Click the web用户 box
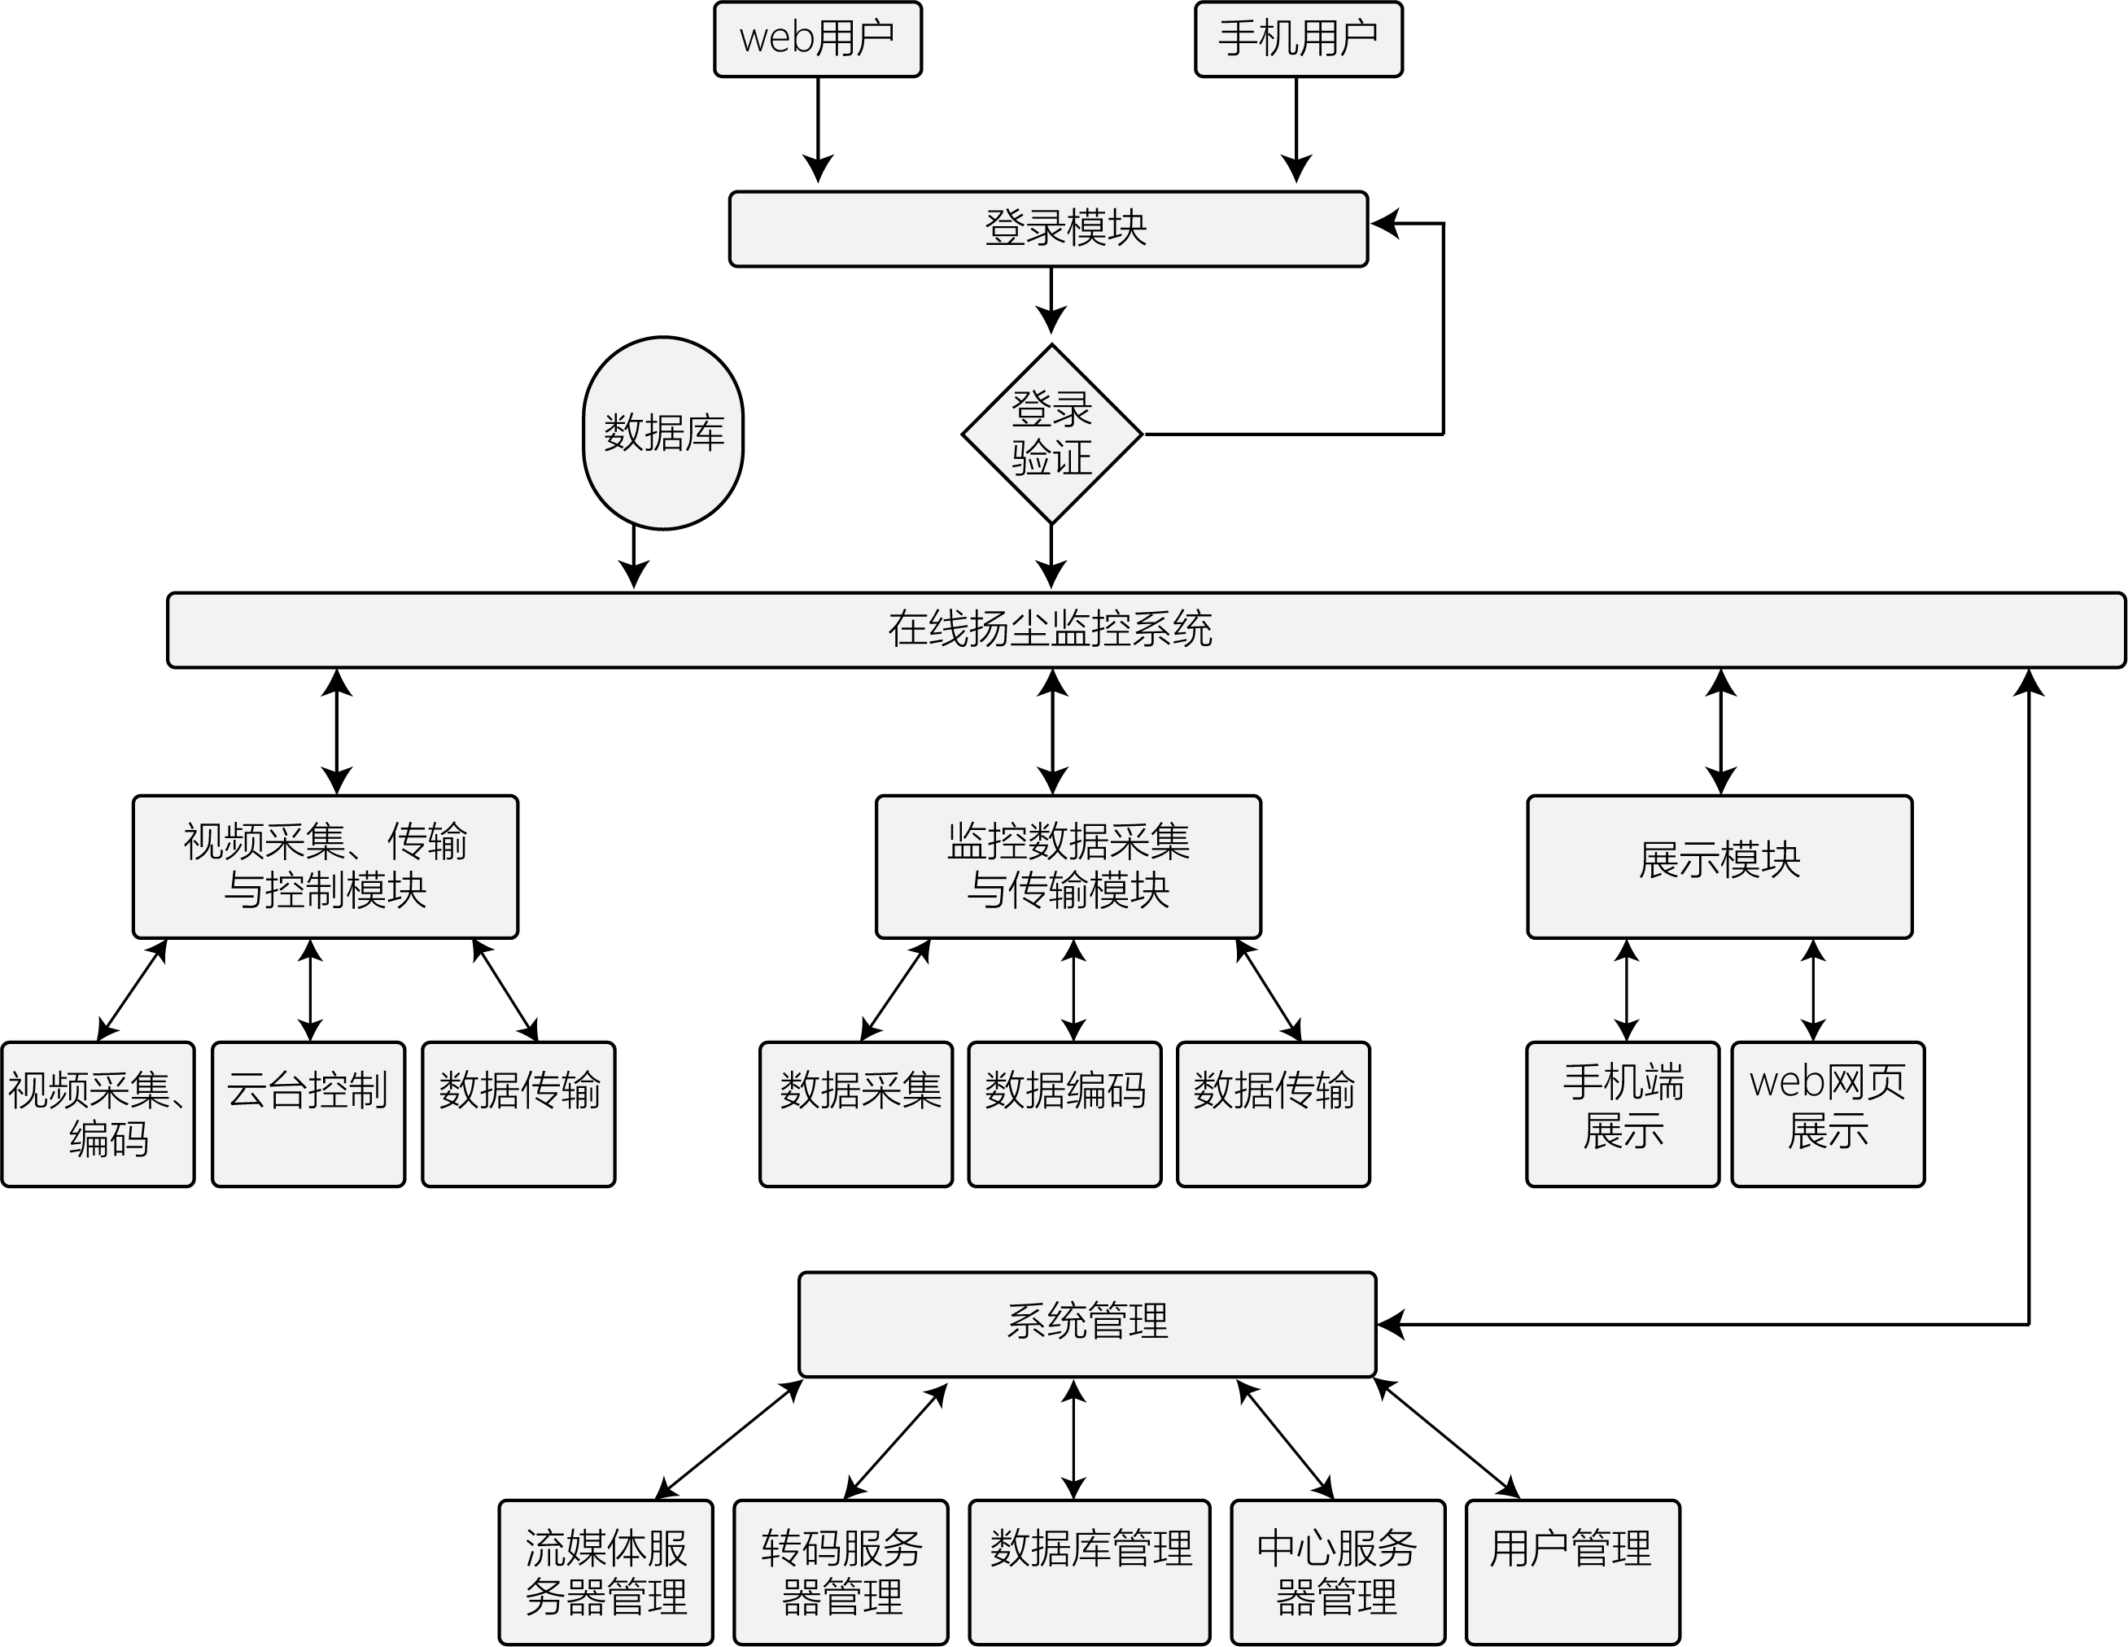point(818,39)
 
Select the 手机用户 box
point(1298,39)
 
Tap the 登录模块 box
point(1048,229)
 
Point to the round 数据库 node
point(662,434)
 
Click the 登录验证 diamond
point(1051,434)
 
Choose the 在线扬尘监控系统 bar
point(1146,631)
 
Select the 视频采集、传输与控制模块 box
point(326,867)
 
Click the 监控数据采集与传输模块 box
point(1068,867)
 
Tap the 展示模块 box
point(1719,867)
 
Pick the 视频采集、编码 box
point(98,1114)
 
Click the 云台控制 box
point(308,1114)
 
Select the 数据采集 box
point(855,1114)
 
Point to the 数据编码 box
point(1064,1114)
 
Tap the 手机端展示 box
point(1623,1114)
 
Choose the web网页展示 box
point(1827,1114)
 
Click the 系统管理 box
point(1086,1325)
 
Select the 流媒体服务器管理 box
point(606,1572)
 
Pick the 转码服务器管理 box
point(841,1572)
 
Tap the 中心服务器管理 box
point(1338,1572)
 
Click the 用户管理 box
point(1573,1572)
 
